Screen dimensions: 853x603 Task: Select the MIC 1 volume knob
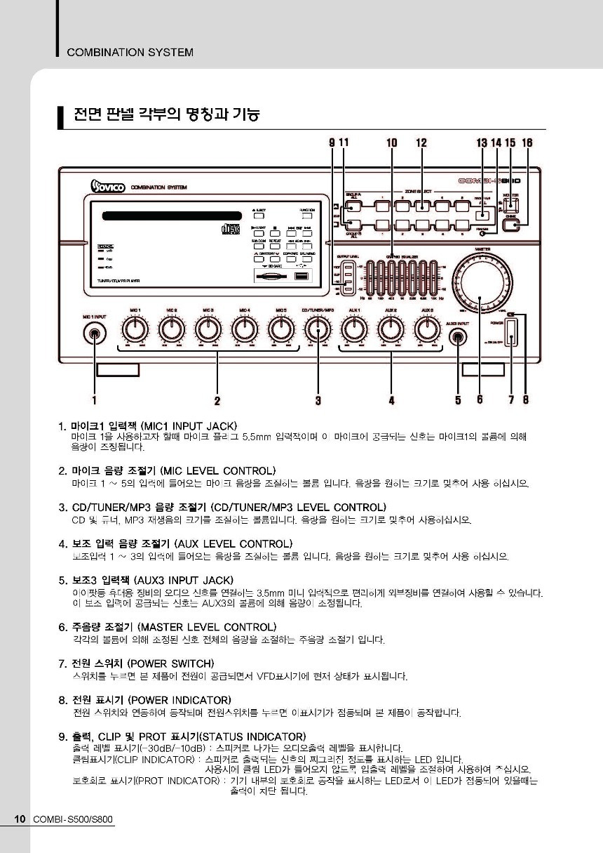point(135,329)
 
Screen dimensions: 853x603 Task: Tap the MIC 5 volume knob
point(281,329)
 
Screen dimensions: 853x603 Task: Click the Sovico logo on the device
point(107,186)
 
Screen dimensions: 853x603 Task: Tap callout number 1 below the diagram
point(95,400)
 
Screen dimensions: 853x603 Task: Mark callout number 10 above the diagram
point(391,143)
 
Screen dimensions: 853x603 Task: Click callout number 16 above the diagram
point(527,143)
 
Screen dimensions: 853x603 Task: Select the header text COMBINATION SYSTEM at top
point(130,52)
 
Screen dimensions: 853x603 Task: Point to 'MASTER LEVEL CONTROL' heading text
point(207,626)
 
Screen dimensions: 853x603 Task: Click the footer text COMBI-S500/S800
point(72,819)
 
